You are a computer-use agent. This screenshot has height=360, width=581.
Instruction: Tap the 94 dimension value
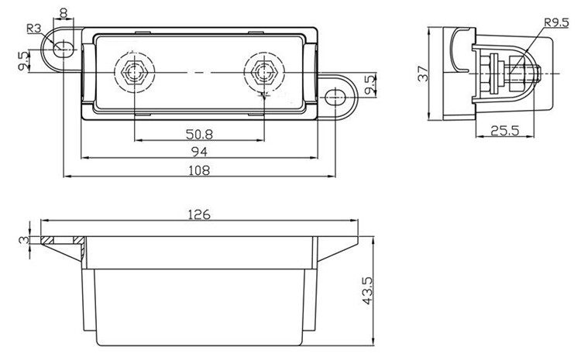tap(200, 152)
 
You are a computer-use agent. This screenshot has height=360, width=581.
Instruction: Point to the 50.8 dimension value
tap(199, 133)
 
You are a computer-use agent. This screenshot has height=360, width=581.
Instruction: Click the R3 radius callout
tap(34, 29)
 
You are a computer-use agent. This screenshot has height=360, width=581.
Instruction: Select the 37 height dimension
tap(423, 74)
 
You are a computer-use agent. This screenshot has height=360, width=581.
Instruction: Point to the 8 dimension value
tap(63, 12)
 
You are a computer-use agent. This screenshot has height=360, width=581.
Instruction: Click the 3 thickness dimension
tap(23, 240)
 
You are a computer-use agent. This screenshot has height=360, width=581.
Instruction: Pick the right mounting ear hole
tap(335, 98)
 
